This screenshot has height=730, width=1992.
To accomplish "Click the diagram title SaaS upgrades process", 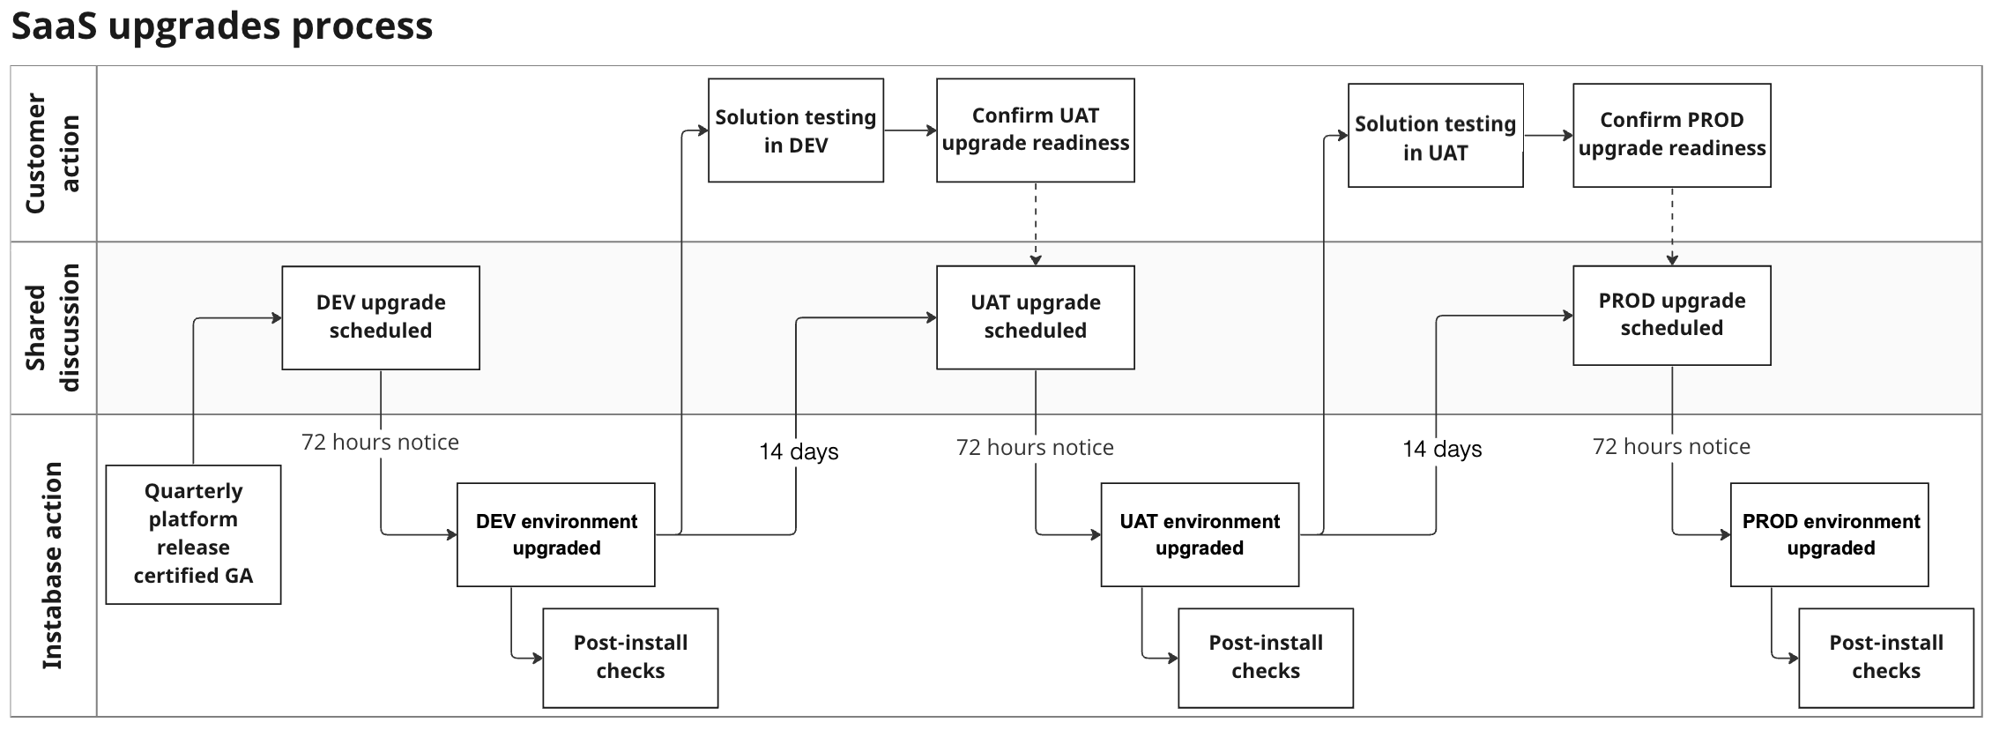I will tap(221, 26).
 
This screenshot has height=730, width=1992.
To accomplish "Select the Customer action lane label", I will tap(52, 153).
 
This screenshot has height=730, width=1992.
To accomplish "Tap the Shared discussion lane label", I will tap(52, 327).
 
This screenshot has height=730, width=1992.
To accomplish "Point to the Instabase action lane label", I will tap(52, 565).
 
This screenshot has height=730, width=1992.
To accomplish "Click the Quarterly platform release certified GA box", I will tap(193, 534).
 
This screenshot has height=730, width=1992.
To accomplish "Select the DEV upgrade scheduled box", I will tap(381, 317).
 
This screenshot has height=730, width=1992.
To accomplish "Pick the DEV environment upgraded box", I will tap(556, 534).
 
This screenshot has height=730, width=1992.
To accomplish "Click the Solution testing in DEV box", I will tap(796, 130).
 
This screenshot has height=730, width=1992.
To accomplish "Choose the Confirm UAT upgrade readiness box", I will tap(1035, 130).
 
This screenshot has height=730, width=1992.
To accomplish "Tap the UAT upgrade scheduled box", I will tap(1035, 317).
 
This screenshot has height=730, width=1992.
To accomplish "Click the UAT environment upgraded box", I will tap(1200, 534).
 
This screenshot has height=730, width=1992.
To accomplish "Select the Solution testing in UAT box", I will tap(1435, 137).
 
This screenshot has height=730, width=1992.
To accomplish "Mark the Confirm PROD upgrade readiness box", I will tap(1671, 135).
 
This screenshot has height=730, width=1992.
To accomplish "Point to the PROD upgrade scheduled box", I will tap(1671, 315).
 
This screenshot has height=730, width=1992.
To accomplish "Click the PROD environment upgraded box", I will tap(1830, 534).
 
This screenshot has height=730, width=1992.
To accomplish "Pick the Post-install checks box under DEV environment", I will tap(630, 657).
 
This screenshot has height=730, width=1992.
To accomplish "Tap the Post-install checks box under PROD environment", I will tap(1885, 657).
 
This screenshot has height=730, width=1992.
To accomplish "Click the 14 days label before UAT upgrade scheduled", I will tap(799, 451).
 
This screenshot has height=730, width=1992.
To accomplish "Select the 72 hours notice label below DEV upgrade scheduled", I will tap(380, 442).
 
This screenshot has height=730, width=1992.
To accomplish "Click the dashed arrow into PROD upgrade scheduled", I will tap(1671, 226).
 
